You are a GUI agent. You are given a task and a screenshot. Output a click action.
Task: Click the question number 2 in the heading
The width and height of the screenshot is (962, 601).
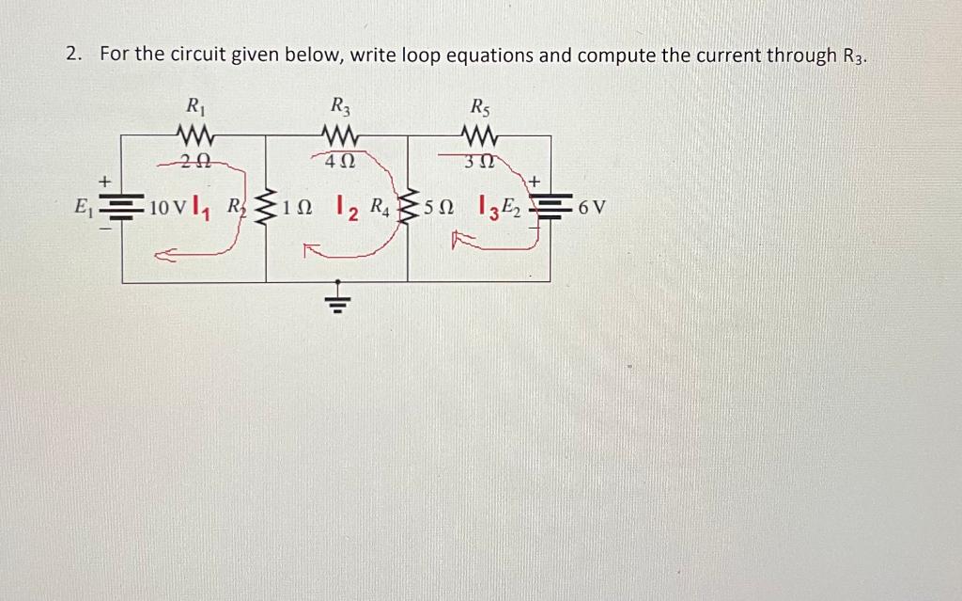(72, 55)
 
